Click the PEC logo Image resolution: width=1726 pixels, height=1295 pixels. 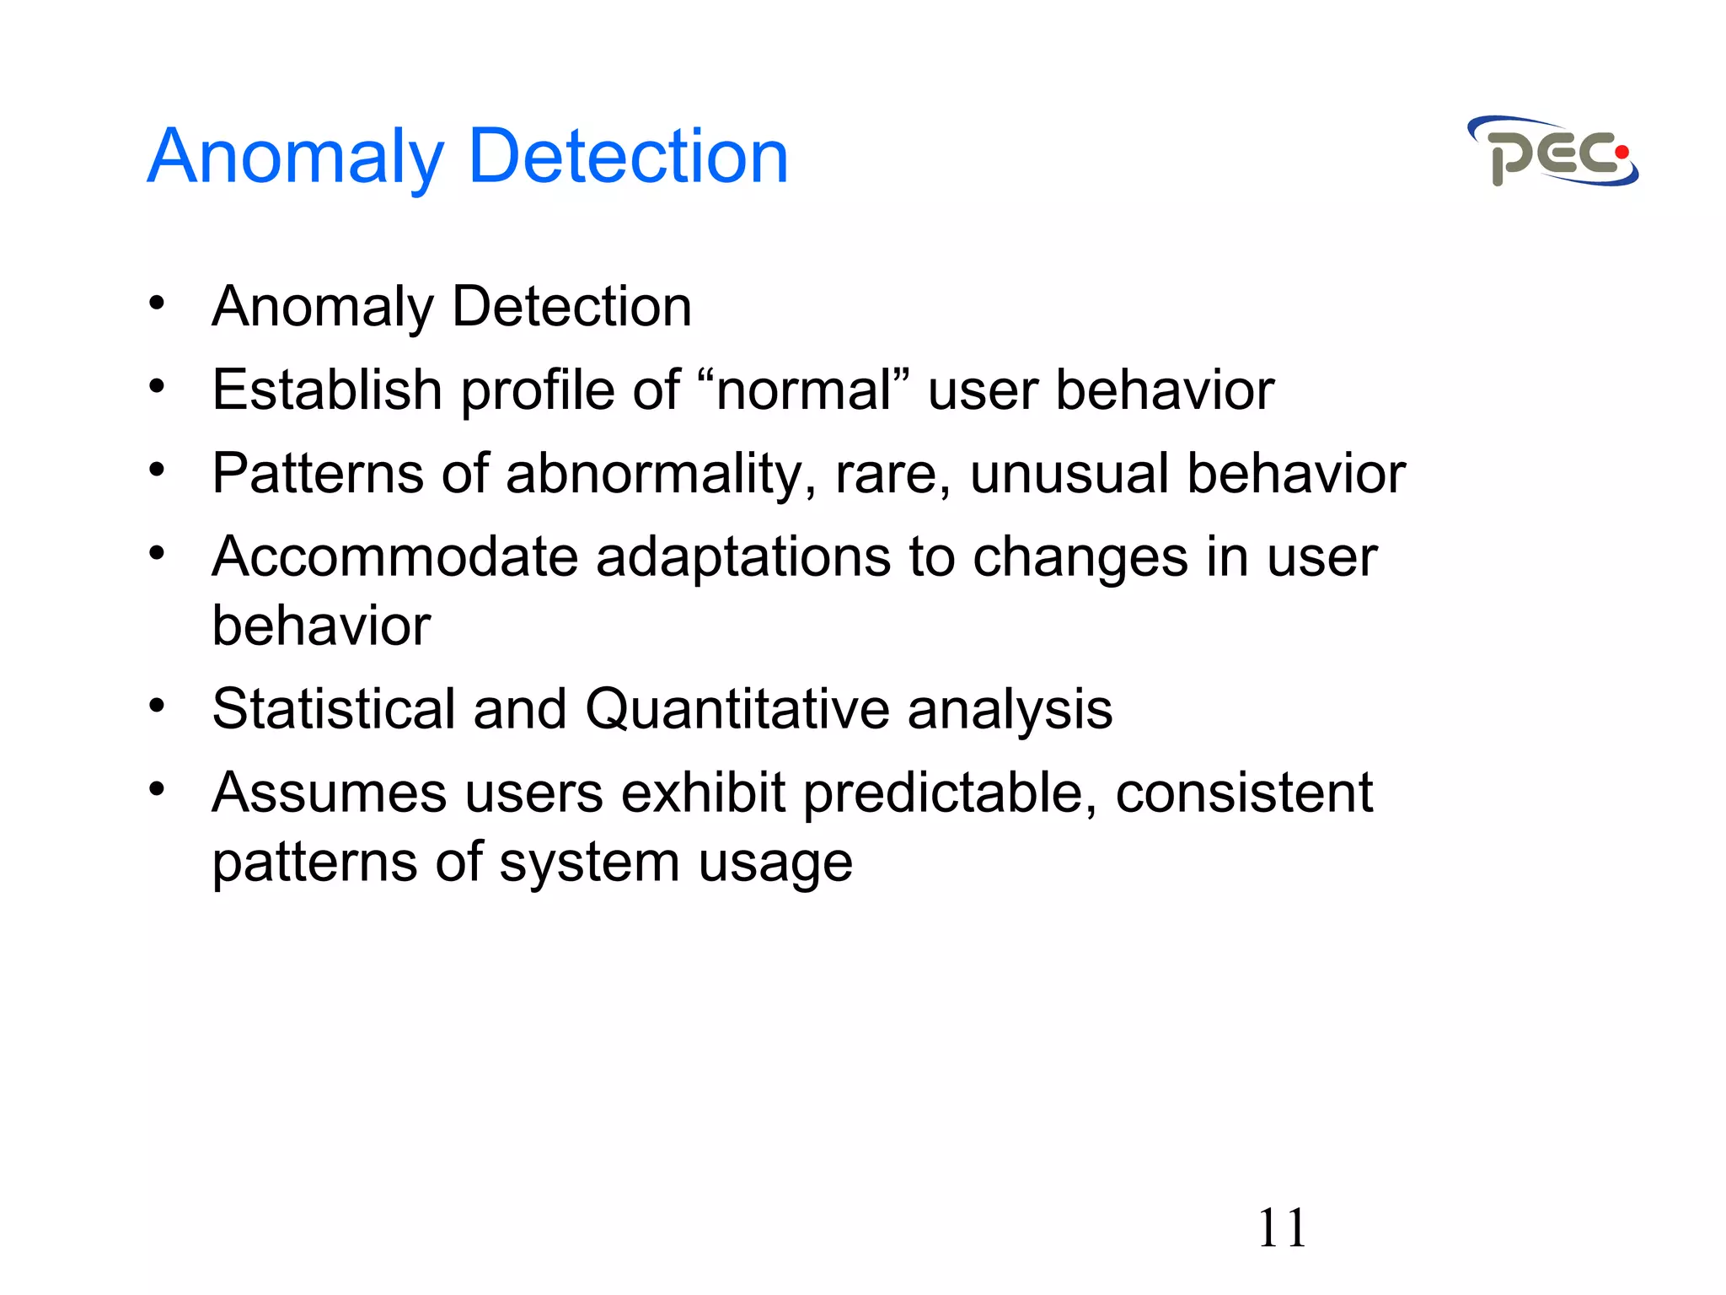point(1552,152)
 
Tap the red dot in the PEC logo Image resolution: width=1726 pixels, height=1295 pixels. point(1621,153)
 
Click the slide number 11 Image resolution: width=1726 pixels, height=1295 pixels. point(1281,1228)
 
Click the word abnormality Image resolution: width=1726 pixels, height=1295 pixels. point(661,473)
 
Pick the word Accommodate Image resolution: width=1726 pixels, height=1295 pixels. point(394,556)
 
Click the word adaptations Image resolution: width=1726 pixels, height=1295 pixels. point(743,556)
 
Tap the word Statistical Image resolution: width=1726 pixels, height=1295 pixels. point(334,708)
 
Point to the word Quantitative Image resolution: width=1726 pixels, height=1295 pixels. point(737,708)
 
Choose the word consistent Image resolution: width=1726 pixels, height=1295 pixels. point(1244,793)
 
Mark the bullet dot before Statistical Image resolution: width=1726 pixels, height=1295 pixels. point(157,705)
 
